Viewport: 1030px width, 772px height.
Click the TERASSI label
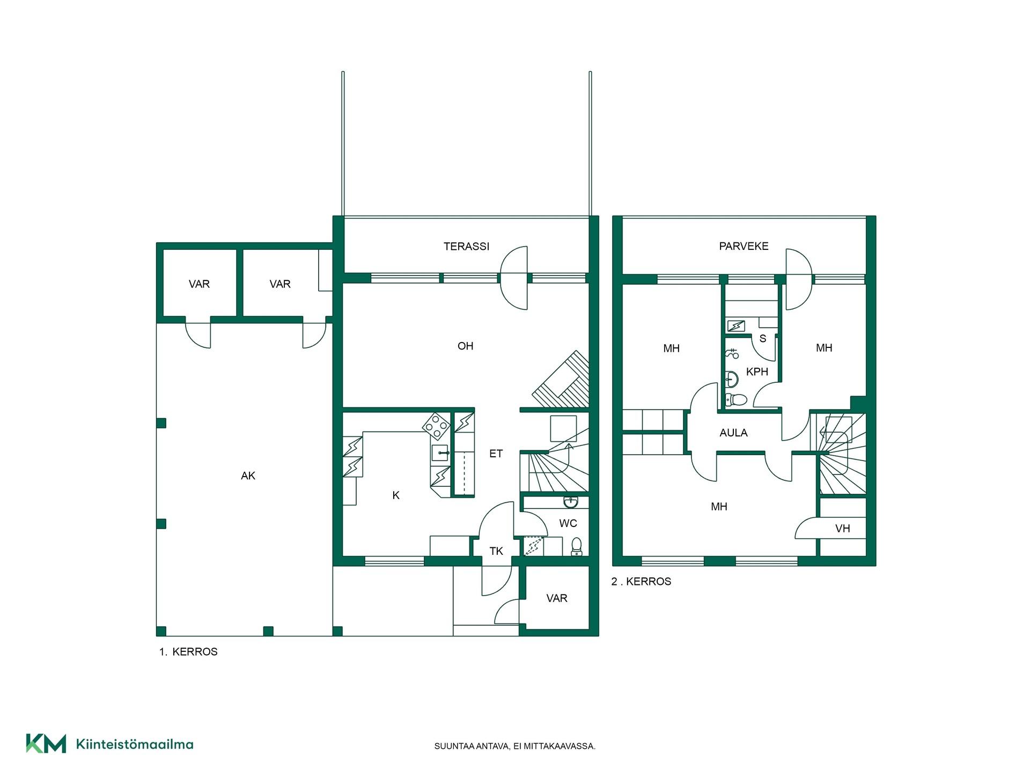466,247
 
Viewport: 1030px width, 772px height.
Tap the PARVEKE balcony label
744,246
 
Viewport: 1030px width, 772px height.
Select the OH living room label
465,346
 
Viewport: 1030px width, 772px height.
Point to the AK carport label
248,476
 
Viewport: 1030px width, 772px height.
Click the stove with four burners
436,426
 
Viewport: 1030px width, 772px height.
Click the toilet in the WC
576,546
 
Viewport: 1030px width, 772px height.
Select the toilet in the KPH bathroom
735,399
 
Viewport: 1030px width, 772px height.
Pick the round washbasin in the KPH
731,379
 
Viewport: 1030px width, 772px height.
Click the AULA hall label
733,433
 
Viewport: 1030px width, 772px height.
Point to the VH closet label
843,529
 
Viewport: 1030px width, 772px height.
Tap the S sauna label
763,338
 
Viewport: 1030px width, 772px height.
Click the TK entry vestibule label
496,551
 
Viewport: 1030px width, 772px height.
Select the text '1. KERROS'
188,652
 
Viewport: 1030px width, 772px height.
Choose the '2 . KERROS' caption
641,582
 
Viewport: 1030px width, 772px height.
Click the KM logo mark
46,744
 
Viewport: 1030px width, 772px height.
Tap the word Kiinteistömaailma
135,744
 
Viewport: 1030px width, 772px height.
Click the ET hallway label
496,454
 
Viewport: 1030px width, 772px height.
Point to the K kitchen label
396,495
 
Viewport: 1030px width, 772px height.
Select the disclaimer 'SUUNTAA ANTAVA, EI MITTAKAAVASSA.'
515,746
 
